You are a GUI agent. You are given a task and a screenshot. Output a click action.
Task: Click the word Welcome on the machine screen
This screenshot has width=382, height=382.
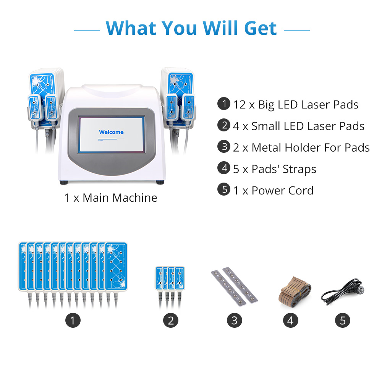point(111,132)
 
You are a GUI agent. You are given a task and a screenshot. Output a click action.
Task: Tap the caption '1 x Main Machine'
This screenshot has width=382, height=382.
point(111,197)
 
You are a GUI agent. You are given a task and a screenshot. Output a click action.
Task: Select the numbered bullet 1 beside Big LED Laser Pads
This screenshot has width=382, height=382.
point(223,104)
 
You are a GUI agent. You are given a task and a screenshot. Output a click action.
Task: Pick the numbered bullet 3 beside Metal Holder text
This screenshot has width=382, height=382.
point(223,146)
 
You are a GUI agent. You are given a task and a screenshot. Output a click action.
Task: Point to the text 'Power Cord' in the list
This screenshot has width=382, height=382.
point(283,191)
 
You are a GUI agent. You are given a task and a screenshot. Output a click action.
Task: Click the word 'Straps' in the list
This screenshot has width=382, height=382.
point(299,169)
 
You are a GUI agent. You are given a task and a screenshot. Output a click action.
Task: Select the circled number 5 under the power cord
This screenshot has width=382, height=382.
point(343,320)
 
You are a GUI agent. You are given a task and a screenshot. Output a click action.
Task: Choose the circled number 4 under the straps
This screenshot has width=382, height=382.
point(290,320)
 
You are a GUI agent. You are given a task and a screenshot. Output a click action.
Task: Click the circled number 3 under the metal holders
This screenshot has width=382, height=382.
point(235,320)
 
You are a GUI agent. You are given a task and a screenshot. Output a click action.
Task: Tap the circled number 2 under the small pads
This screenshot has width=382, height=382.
point(170,320)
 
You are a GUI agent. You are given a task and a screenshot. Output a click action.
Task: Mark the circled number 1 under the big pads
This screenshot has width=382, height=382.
point(73,320)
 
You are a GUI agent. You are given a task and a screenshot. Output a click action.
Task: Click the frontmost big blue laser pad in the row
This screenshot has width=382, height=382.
point(116,266)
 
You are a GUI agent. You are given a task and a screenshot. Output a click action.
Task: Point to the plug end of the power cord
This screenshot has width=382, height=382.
point(361,290)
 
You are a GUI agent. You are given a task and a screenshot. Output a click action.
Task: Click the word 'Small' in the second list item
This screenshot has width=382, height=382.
point(266,126)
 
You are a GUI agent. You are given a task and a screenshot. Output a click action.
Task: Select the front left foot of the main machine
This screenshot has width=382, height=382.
point(64,182)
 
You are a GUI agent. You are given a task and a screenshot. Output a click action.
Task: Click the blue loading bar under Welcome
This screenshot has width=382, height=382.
point(107,139)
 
